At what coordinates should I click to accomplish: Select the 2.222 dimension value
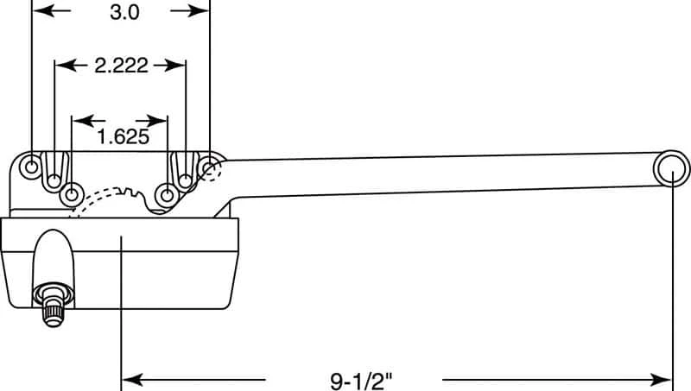coord(120,66)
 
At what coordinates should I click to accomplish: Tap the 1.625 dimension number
coord(120,136)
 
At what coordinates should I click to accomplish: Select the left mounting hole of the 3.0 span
coord(32,165)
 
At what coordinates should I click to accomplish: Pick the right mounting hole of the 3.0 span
coord(209,165)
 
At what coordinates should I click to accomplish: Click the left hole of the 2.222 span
coord(54,180)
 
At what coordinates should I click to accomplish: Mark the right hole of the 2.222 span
coord(186,180)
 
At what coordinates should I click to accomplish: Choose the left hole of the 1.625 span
coord(72,192)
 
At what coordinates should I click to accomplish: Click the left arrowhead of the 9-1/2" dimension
coord(130,378)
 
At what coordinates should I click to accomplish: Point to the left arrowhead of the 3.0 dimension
coord(40,11)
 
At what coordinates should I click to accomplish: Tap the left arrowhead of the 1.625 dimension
coord(79,121)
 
